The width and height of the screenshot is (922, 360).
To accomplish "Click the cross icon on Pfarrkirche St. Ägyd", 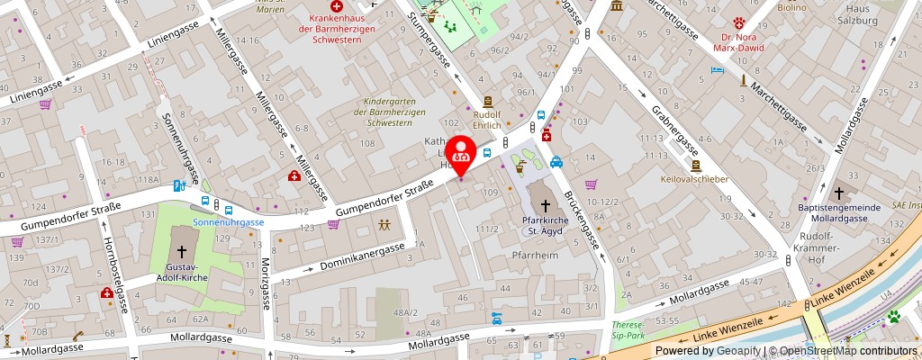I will (543, 206).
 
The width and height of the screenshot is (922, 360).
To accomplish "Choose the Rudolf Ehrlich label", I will (488, 120).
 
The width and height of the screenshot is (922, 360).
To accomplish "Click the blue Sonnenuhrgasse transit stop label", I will (228, 221).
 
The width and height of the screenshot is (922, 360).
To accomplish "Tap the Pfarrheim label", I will (531, 255).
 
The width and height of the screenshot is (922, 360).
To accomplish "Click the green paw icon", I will (895, 317).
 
